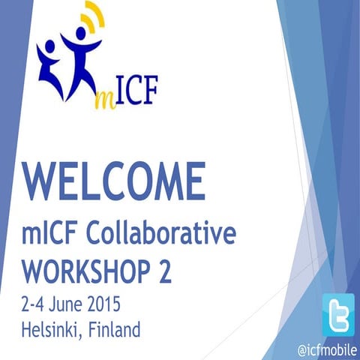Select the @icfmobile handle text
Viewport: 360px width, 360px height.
328,349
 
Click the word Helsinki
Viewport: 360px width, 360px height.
53,328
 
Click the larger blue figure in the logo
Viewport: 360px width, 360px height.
82,56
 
